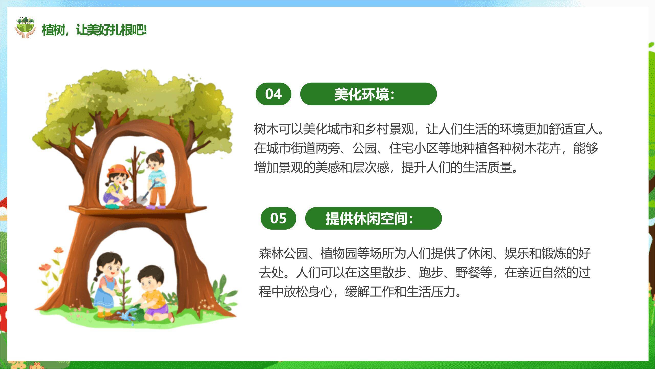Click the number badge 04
coord(273,94)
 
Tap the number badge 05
coord(278,218)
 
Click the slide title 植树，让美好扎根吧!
coord(94,30)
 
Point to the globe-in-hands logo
coord(25,28)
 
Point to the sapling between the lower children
coord(124,292)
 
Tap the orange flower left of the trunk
coord(45,267)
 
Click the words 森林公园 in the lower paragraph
coord(283,254)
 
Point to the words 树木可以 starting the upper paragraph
coord(278,129)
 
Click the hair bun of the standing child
coord(160,151)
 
